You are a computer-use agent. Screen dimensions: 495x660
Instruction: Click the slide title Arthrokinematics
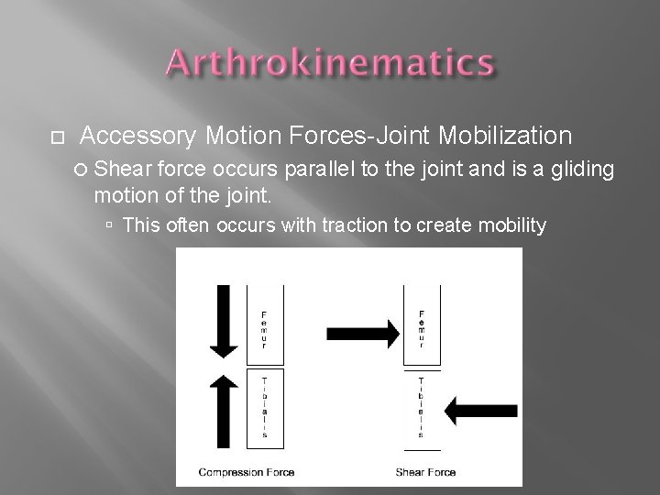tap(330, 65)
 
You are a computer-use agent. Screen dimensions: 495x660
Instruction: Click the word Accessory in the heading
tap(137, 137)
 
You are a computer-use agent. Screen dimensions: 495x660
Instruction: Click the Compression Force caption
tap(240, 472)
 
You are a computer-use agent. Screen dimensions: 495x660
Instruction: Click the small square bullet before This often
tap(109, 225)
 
